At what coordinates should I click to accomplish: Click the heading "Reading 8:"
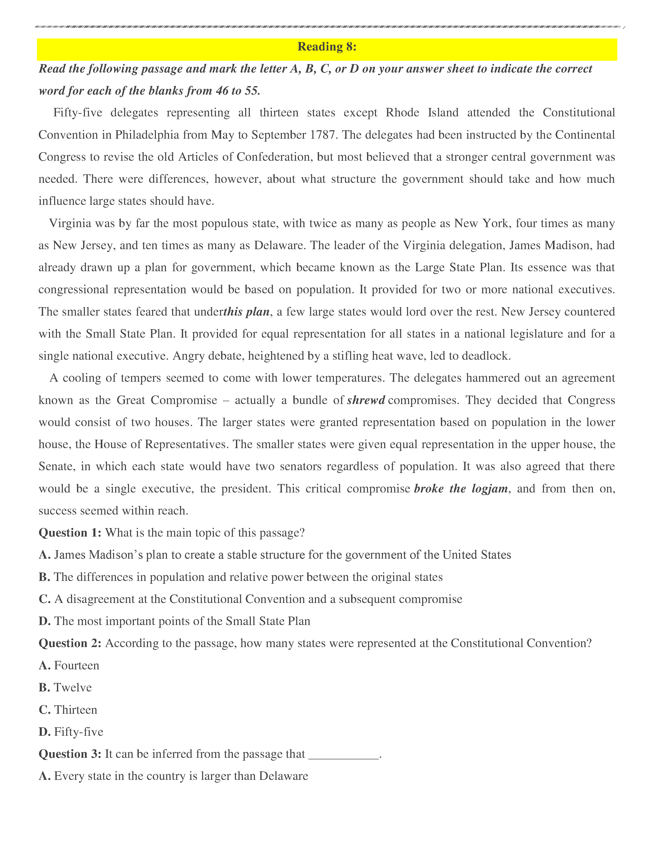(326, 47)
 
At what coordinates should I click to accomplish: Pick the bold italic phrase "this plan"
(246, 312)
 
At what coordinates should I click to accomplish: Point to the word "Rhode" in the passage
(402, 113)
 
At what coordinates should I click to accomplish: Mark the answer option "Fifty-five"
(79, 732)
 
